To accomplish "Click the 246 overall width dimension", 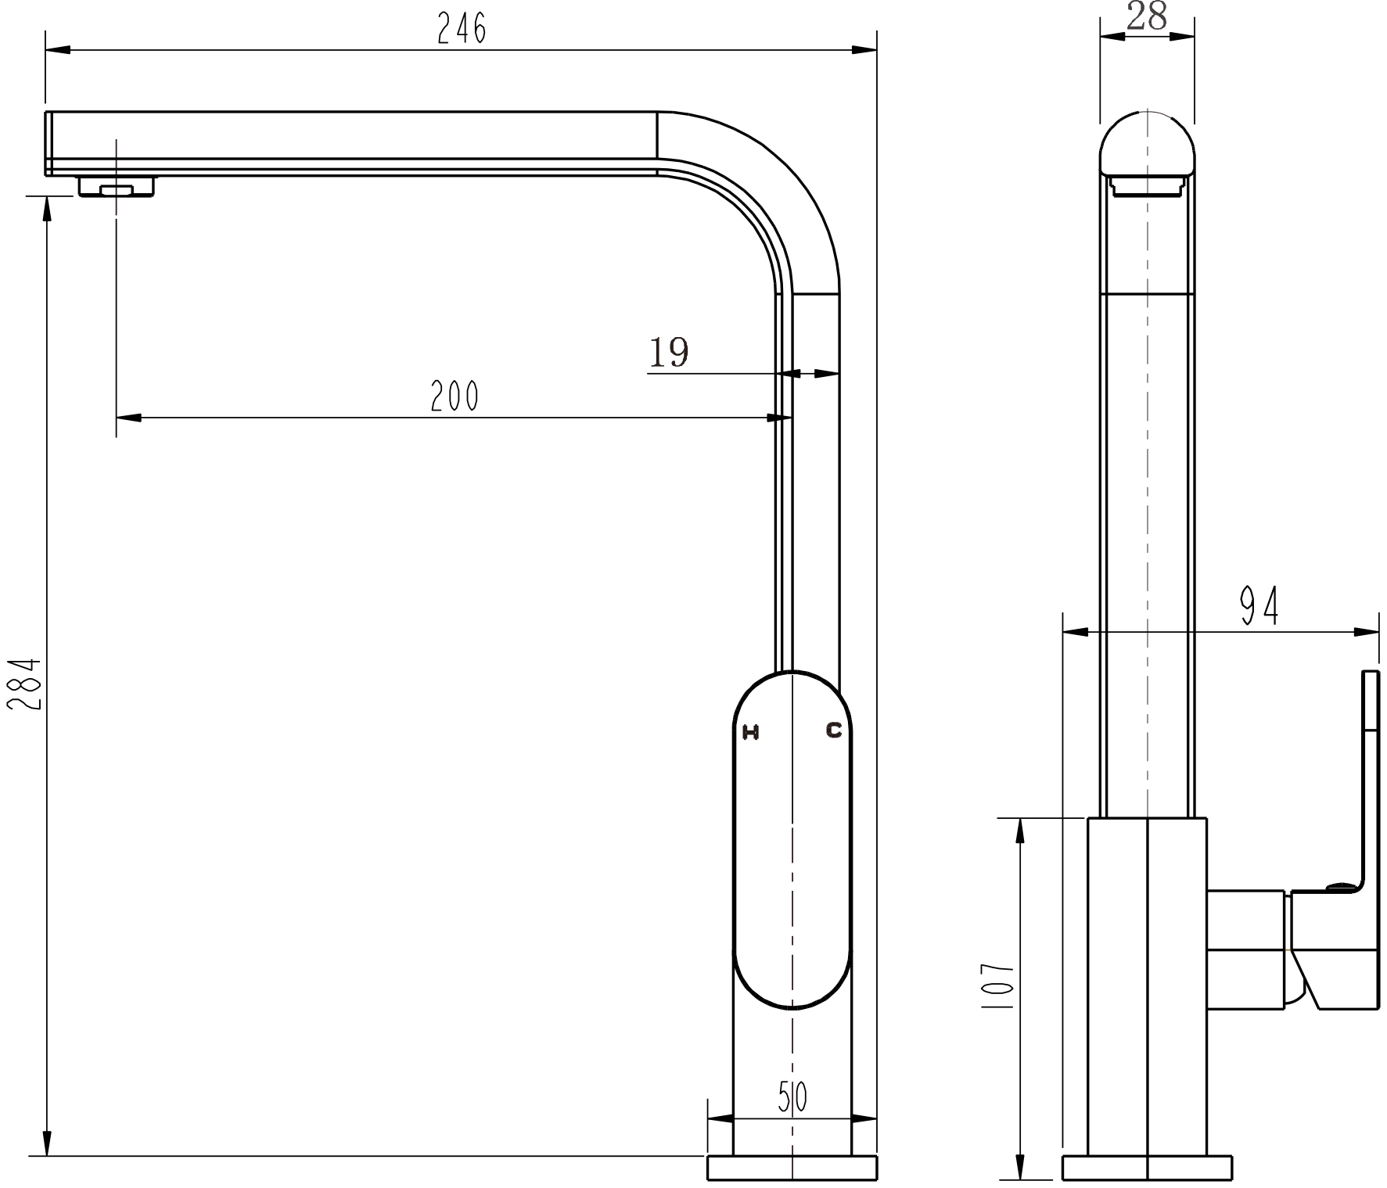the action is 462,29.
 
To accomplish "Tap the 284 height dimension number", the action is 23,684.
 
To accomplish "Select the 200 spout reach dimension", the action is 455,396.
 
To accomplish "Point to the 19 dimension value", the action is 669,352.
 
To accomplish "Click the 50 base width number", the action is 792,1097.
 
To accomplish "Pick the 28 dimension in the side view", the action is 1147,16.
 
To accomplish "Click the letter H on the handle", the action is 751,733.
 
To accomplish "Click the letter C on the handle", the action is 835,730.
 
